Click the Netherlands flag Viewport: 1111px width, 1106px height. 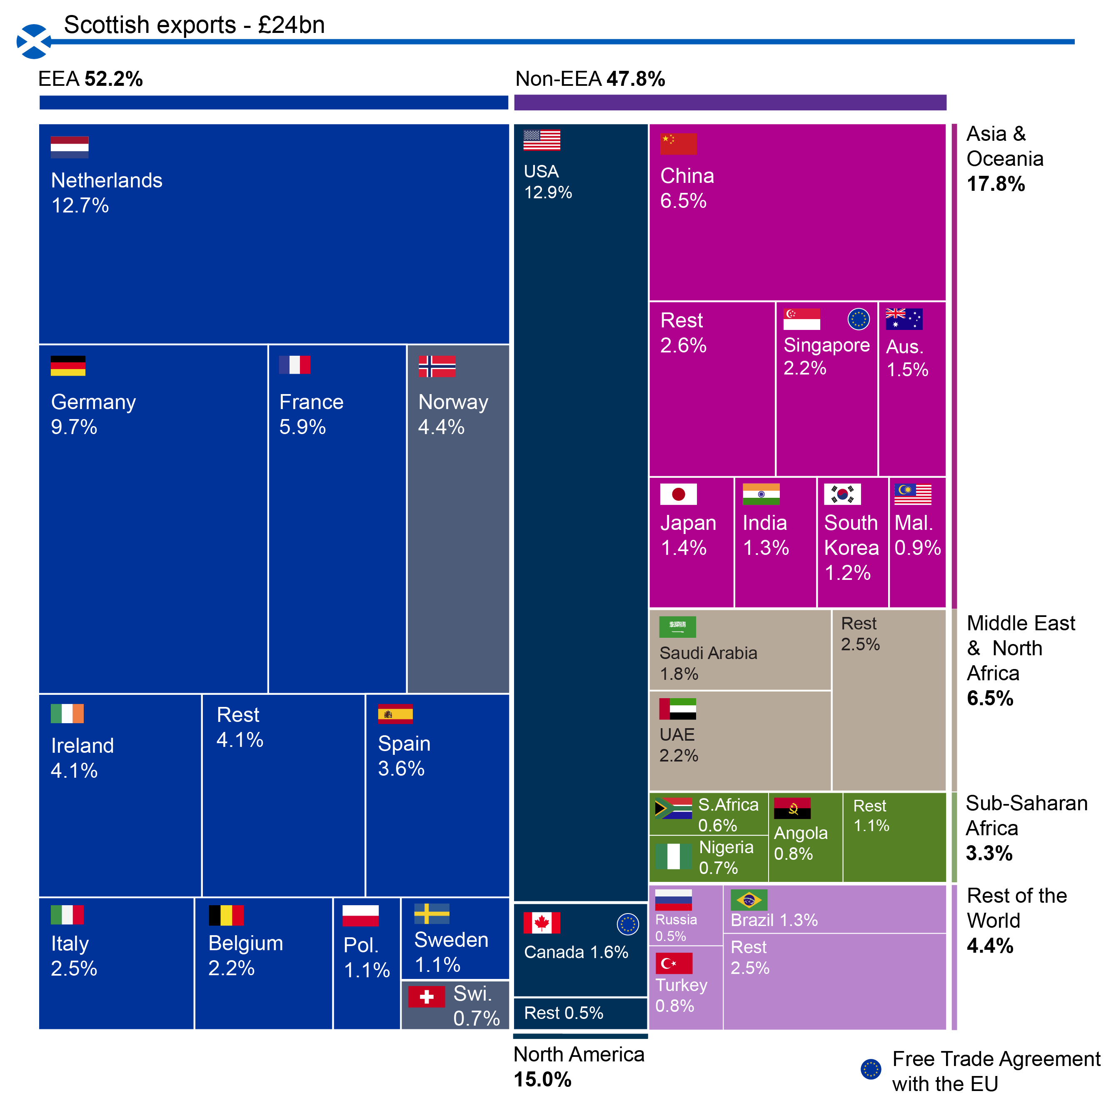pos(69,147)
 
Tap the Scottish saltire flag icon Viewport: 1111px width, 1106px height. pos(33,41)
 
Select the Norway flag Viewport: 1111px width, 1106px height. pos(437,366)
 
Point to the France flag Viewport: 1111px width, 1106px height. pos(295,365)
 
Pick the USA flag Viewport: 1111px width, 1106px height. pos(541,140)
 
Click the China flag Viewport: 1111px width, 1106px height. pos(678,144)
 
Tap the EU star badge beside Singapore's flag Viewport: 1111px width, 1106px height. pos(858,319)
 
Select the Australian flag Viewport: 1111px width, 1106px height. pos(904,319)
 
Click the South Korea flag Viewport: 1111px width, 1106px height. pos(842,494)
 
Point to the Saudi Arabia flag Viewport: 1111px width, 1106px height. pos(677,627)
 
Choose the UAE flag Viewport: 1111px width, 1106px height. pos(677,709)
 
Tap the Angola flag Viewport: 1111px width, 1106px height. pos(792,808)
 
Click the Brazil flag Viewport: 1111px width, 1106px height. pos(749,900)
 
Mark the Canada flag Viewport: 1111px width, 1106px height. pos(541,923)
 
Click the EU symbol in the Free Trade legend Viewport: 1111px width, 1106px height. pos(871,1069)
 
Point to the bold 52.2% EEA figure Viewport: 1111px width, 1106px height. pos(114,79)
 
